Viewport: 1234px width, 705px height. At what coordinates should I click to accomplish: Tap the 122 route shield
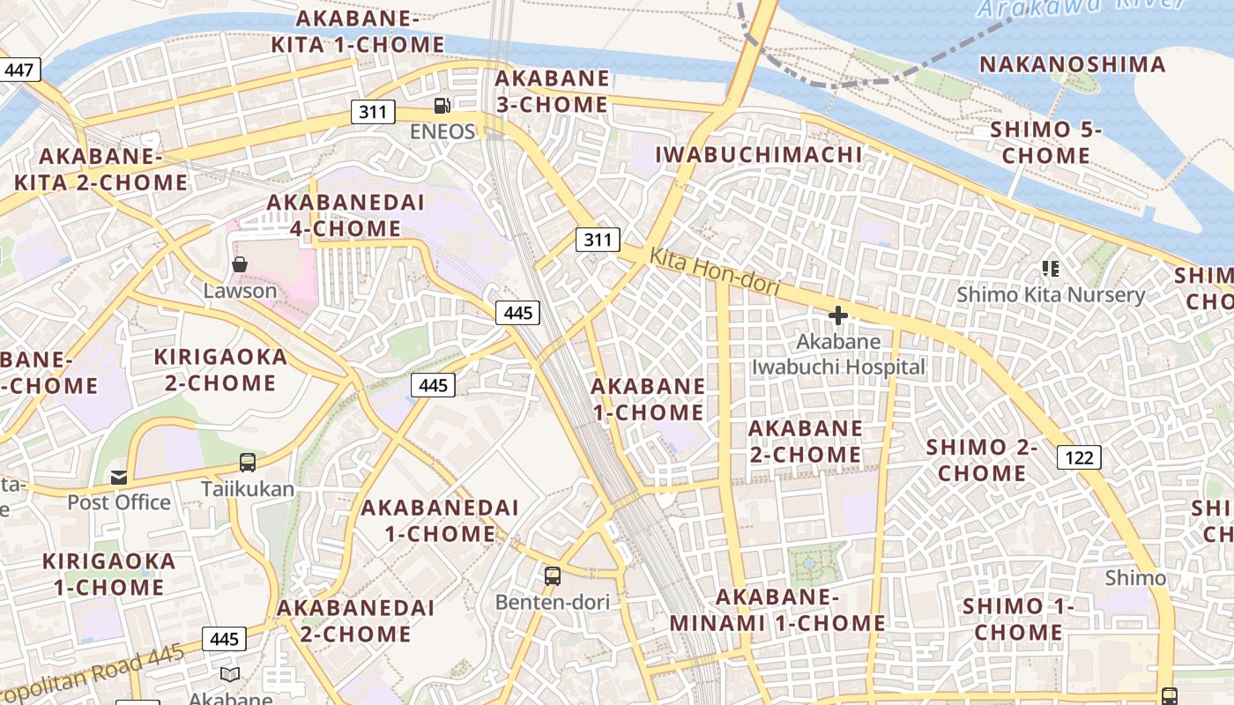(1079, 456)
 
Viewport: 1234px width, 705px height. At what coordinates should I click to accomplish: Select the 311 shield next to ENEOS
(373, 112)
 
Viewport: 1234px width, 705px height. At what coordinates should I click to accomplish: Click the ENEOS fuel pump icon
(442, 107)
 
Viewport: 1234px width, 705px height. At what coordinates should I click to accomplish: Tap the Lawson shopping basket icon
(239, 264)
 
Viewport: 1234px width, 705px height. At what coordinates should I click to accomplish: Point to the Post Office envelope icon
(119, 478)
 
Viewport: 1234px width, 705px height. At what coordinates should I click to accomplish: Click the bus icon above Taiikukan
(248, 463)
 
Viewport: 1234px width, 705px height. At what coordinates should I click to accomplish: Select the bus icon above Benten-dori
(553, 576)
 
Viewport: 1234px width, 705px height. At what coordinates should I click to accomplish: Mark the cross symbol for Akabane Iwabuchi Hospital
(837, 315)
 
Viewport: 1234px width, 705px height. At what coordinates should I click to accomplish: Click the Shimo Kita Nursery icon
(1050, 268)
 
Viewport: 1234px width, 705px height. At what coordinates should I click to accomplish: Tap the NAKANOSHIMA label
(1073, 64)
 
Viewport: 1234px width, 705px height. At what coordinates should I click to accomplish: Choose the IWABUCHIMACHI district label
(759, 154)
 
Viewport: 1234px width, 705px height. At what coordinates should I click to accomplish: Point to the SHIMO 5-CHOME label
(1046, 143)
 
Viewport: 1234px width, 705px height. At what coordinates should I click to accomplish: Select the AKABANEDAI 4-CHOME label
(346, 215)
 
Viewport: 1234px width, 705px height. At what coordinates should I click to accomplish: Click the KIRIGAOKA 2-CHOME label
(220, 370)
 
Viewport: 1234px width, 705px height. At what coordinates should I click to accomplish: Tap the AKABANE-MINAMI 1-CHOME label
(777, 610)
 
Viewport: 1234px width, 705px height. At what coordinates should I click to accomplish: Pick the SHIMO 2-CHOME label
(982, 460)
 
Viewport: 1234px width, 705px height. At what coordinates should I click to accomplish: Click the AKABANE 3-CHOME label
(552, 91)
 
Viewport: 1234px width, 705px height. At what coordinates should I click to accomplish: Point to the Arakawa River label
(1080, 7)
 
